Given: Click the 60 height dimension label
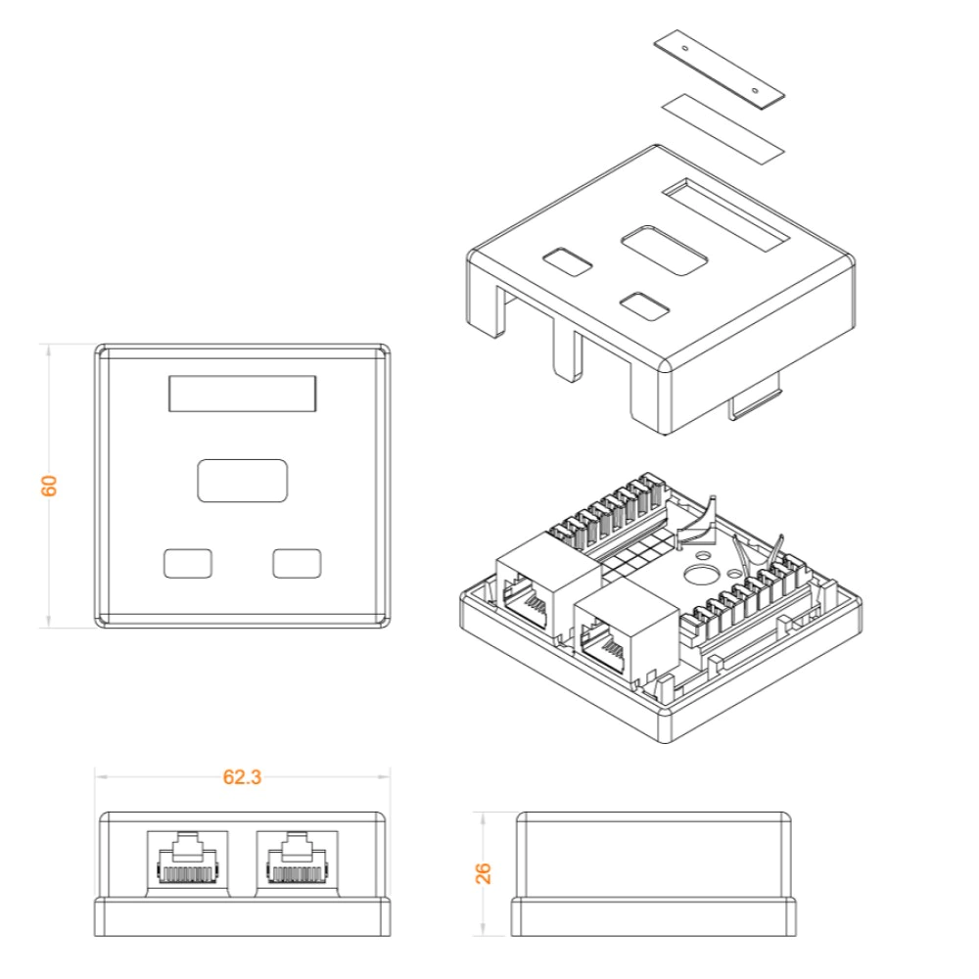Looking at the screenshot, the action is point(49,486).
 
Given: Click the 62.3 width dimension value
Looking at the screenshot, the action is point(242,777).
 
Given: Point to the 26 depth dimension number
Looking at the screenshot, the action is point(484,873).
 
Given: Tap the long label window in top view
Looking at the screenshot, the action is point(242,394).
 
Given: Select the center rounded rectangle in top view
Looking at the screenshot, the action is point(242,481).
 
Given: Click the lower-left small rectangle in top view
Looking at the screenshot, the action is point(188,563).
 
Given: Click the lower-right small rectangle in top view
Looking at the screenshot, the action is point(298,563).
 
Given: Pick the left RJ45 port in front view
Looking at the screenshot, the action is point(188,863).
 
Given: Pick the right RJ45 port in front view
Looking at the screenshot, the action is point(298,863).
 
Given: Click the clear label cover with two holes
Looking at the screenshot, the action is point(720,69).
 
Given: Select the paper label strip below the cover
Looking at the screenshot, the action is point(722,128).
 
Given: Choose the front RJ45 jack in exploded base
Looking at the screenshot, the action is point(627,631).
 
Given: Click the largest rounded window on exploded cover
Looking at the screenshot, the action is point(665,251).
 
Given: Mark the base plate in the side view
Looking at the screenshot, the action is point(654,916).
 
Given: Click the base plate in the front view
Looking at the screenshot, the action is point(242,916).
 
